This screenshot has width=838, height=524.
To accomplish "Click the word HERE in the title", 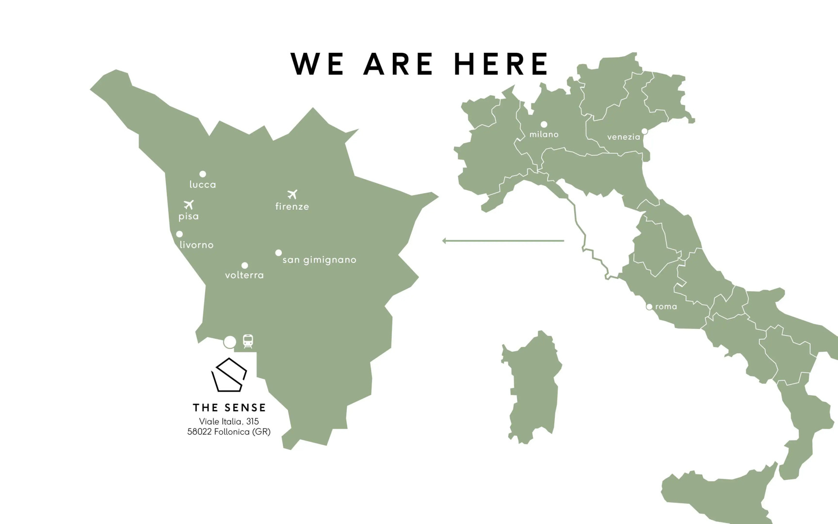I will pos(501,64).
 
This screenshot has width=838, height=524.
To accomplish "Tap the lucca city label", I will pos(203,184).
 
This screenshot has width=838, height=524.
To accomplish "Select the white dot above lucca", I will pos(203,174).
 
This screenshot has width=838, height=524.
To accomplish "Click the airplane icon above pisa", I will pos(189,205).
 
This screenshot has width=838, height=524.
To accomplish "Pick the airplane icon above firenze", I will pos(292,195).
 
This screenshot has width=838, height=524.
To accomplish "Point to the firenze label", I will pos(292,206).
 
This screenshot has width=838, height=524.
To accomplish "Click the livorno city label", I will pos(196,245).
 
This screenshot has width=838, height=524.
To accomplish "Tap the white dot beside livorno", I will pos(179,234).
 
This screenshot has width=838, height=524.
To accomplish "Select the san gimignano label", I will pos(319,260).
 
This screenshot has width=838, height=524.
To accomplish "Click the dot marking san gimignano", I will pos(278,253).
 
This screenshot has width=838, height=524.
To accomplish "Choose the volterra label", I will pos(244,275).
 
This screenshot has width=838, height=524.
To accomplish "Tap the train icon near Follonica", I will pos(248,341).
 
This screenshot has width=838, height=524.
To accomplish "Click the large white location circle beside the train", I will pos(230,342).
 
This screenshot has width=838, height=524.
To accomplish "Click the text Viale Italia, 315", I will pos(229,421).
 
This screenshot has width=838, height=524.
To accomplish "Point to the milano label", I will pos(544,134).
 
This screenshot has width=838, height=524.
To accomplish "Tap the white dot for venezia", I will pos(645,131).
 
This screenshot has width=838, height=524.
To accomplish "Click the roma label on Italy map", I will pos(666,307).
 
